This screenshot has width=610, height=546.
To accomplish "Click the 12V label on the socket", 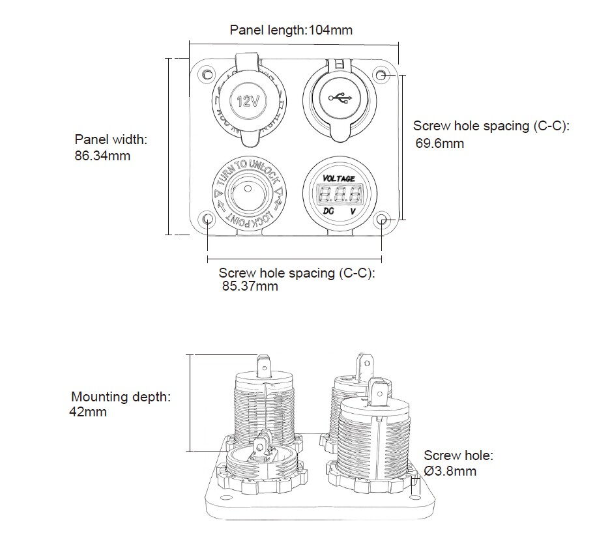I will [x=248, y=102].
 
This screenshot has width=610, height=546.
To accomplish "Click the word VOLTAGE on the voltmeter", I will [x=339, y=179].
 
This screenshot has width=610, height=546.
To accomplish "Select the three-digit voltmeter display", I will [x=339, y=194].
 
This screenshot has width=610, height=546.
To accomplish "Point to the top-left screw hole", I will [x=207, y=74].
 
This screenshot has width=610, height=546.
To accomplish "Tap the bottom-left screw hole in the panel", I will [x=207, y=218].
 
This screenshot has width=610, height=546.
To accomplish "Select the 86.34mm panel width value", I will [x=103, y=156].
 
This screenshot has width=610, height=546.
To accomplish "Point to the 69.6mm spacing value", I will [x=440, y=143].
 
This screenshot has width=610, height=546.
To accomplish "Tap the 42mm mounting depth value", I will [x=88, y=412].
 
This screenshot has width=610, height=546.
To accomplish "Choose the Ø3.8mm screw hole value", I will [x=450, y=471].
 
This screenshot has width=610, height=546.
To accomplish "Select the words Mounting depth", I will [x=121, y=397].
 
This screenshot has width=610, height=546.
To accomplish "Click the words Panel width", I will [x=111, y=139].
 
